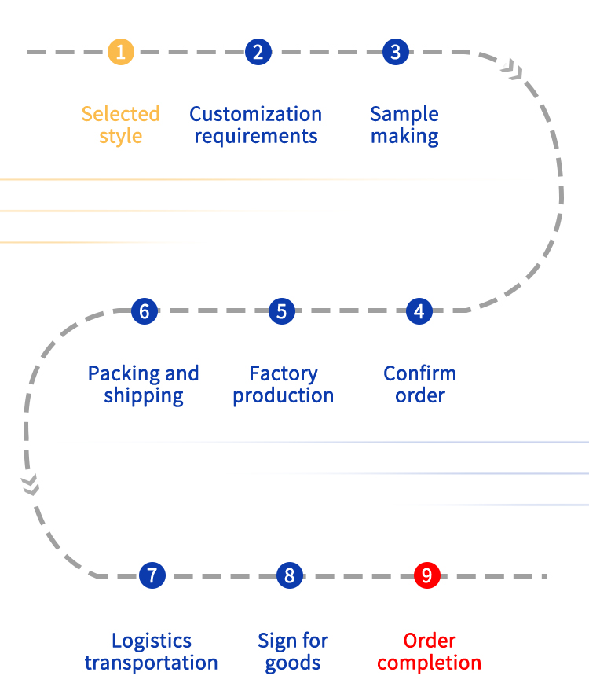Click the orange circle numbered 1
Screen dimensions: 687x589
121,52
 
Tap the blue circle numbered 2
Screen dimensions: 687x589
258,52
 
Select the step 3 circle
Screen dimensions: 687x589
395,52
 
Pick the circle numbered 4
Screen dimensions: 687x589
419,311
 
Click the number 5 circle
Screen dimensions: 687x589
281,311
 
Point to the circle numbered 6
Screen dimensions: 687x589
144,311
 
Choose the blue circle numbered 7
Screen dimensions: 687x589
152,575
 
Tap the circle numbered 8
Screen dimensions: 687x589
289,575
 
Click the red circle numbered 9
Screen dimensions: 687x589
426,575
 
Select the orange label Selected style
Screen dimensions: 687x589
120,125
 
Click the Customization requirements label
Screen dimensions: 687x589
256,125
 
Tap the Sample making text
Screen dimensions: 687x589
404,125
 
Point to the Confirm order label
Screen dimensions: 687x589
419,384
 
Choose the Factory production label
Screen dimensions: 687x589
283,384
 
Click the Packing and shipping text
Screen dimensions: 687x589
144,384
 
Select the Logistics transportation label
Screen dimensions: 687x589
151,652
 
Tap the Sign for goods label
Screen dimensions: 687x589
293,652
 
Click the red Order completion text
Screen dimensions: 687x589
429,652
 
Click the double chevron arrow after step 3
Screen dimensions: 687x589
514,72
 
